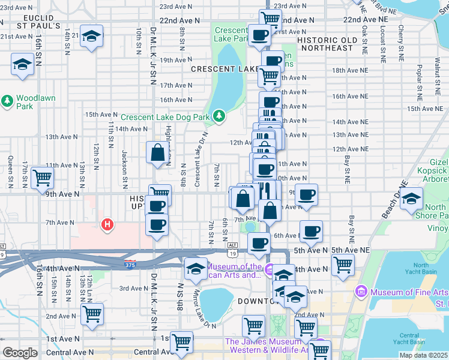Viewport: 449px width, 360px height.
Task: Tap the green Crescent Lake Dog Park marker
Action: click(220, 115)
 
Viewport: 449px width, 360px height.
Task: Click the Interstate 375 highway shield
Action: click(131, 264)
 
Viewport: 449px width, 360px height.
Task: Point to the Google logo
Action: click(20, 353)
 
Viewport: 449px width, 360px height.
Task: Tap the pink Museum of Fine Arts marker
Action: click(361, 292)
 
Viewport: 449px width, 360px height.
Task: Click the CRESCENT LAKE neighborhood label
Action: click(224, 70)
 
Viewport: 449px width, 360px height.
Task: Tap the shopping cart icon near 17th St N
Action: click(43, 176)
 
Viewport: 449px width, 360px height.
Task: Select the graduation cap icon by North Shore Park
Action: click(412, 199)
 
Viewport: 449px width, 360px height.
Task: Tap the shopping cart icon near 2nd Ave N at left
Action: click(92, 314)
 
